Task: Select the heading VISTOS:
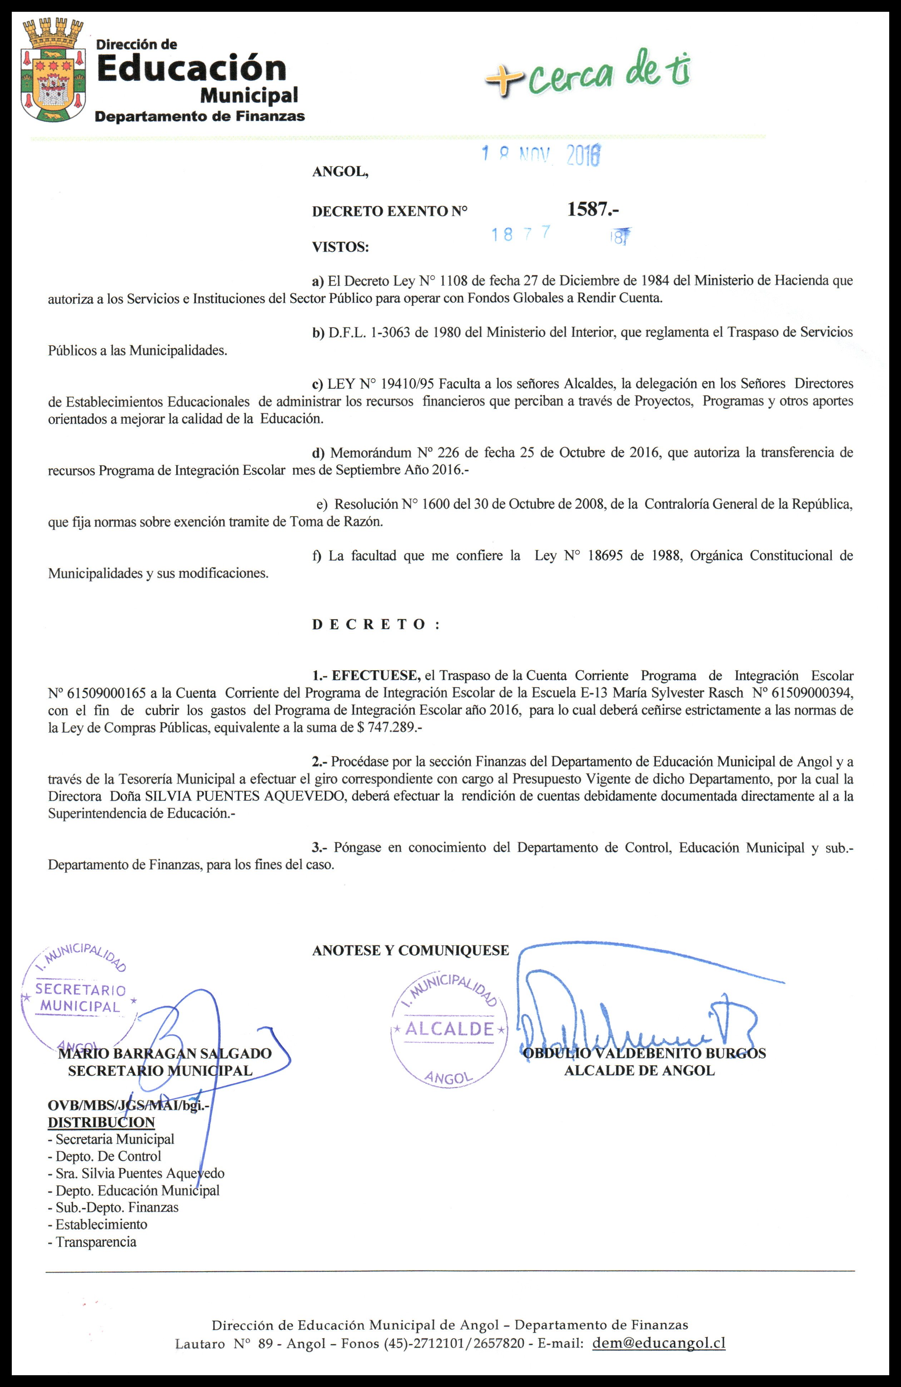340,247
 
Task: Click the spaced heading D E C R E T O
376,624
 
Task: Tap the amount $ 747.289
385,727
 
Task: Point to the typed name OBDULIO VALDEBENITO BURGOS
644,1053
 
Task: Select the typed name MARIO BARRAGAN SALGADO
165,1053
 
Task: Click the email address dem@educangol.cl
659,1343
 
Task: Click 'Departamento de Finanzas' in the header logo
199,116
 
